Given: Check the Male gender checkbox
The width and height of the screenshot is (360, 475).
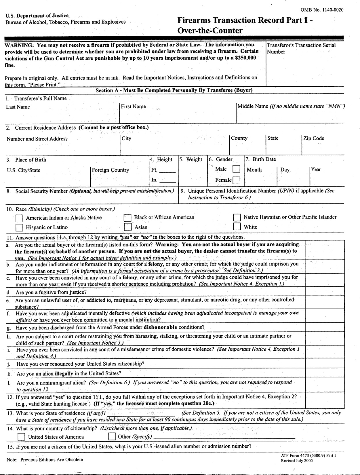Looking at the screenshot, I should [236, 169].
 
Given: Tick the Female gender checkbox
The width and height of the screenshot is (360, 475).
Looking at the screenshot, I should [236, 180].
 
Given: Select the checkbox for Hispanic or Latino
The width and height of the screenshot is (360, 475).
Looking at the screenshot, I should [20, 227].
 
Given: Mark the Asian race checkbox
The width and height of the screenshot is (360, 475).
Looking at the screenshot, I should [127, 227].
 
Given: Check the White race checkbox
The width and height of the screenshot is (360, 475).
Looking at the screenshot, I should [237, 227].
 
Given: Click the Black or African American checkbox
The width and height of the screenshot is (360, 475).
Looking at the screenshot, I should [127, 217].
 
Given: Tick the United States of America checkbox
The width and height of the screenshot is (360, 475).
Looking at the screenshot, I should [22, 437].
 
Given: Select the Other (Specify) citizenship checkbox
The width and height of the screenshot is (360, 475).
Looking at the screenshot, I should [112, 437].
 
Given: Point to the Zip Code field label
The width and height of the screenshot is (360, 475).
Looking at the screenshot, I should [314, 138].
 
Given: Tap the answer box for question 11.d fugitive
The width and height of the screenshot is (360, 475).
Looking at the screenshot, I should [325, 292].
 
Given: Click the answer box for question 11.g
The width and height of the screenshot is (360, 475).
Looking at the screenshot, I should [325, 327].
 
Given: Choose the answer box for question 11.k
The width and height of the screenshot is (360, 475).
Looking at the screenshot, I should [325, 373].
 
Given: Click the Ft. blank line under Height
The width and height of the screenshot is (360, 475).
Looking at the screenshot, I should [167, 171].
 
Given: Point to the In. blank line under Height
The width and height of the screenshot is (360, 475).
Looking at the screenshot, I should [167, 181].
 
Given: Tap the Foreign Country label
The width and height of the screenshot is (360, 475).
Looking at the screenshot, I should [111, 170].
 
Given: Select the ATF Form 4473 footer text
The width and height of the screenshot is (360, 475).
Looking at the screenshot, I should [308, 456].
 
